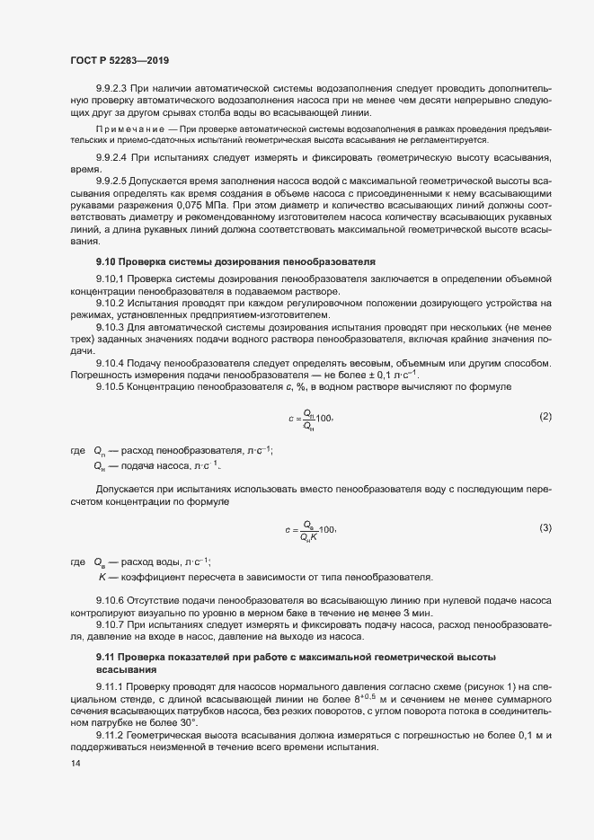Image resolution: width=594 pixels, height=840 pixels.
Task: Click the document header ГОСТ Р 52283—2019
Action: (x=120, y=60)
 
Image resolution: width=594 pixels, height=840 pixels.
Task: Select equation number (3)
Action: (x=545, y=526)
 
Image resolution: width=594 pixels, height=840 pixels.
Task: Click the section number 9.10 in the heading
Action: (x=107, y=261)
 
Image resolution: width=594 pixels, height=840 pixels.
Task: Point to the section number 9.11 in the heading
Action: (x=107, y=659)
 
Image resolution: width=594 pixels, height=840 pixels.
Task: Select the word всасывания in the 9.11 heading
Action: (x=126, y=670)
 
